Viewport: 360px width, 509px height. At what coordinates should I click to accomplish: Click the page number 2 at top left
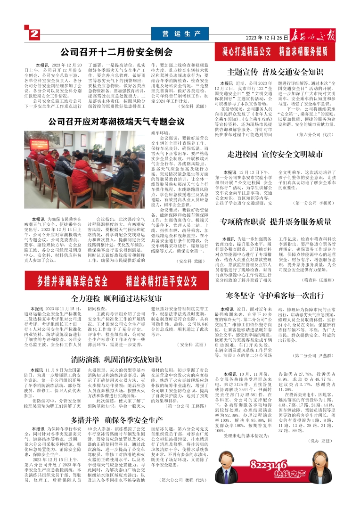coord(35,34)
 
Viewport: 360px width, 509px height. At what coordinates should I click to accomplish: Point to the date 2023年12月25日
coord(267,37)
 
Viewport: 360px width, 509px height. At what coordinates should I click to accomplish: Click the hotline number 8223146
coord(269,465)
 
